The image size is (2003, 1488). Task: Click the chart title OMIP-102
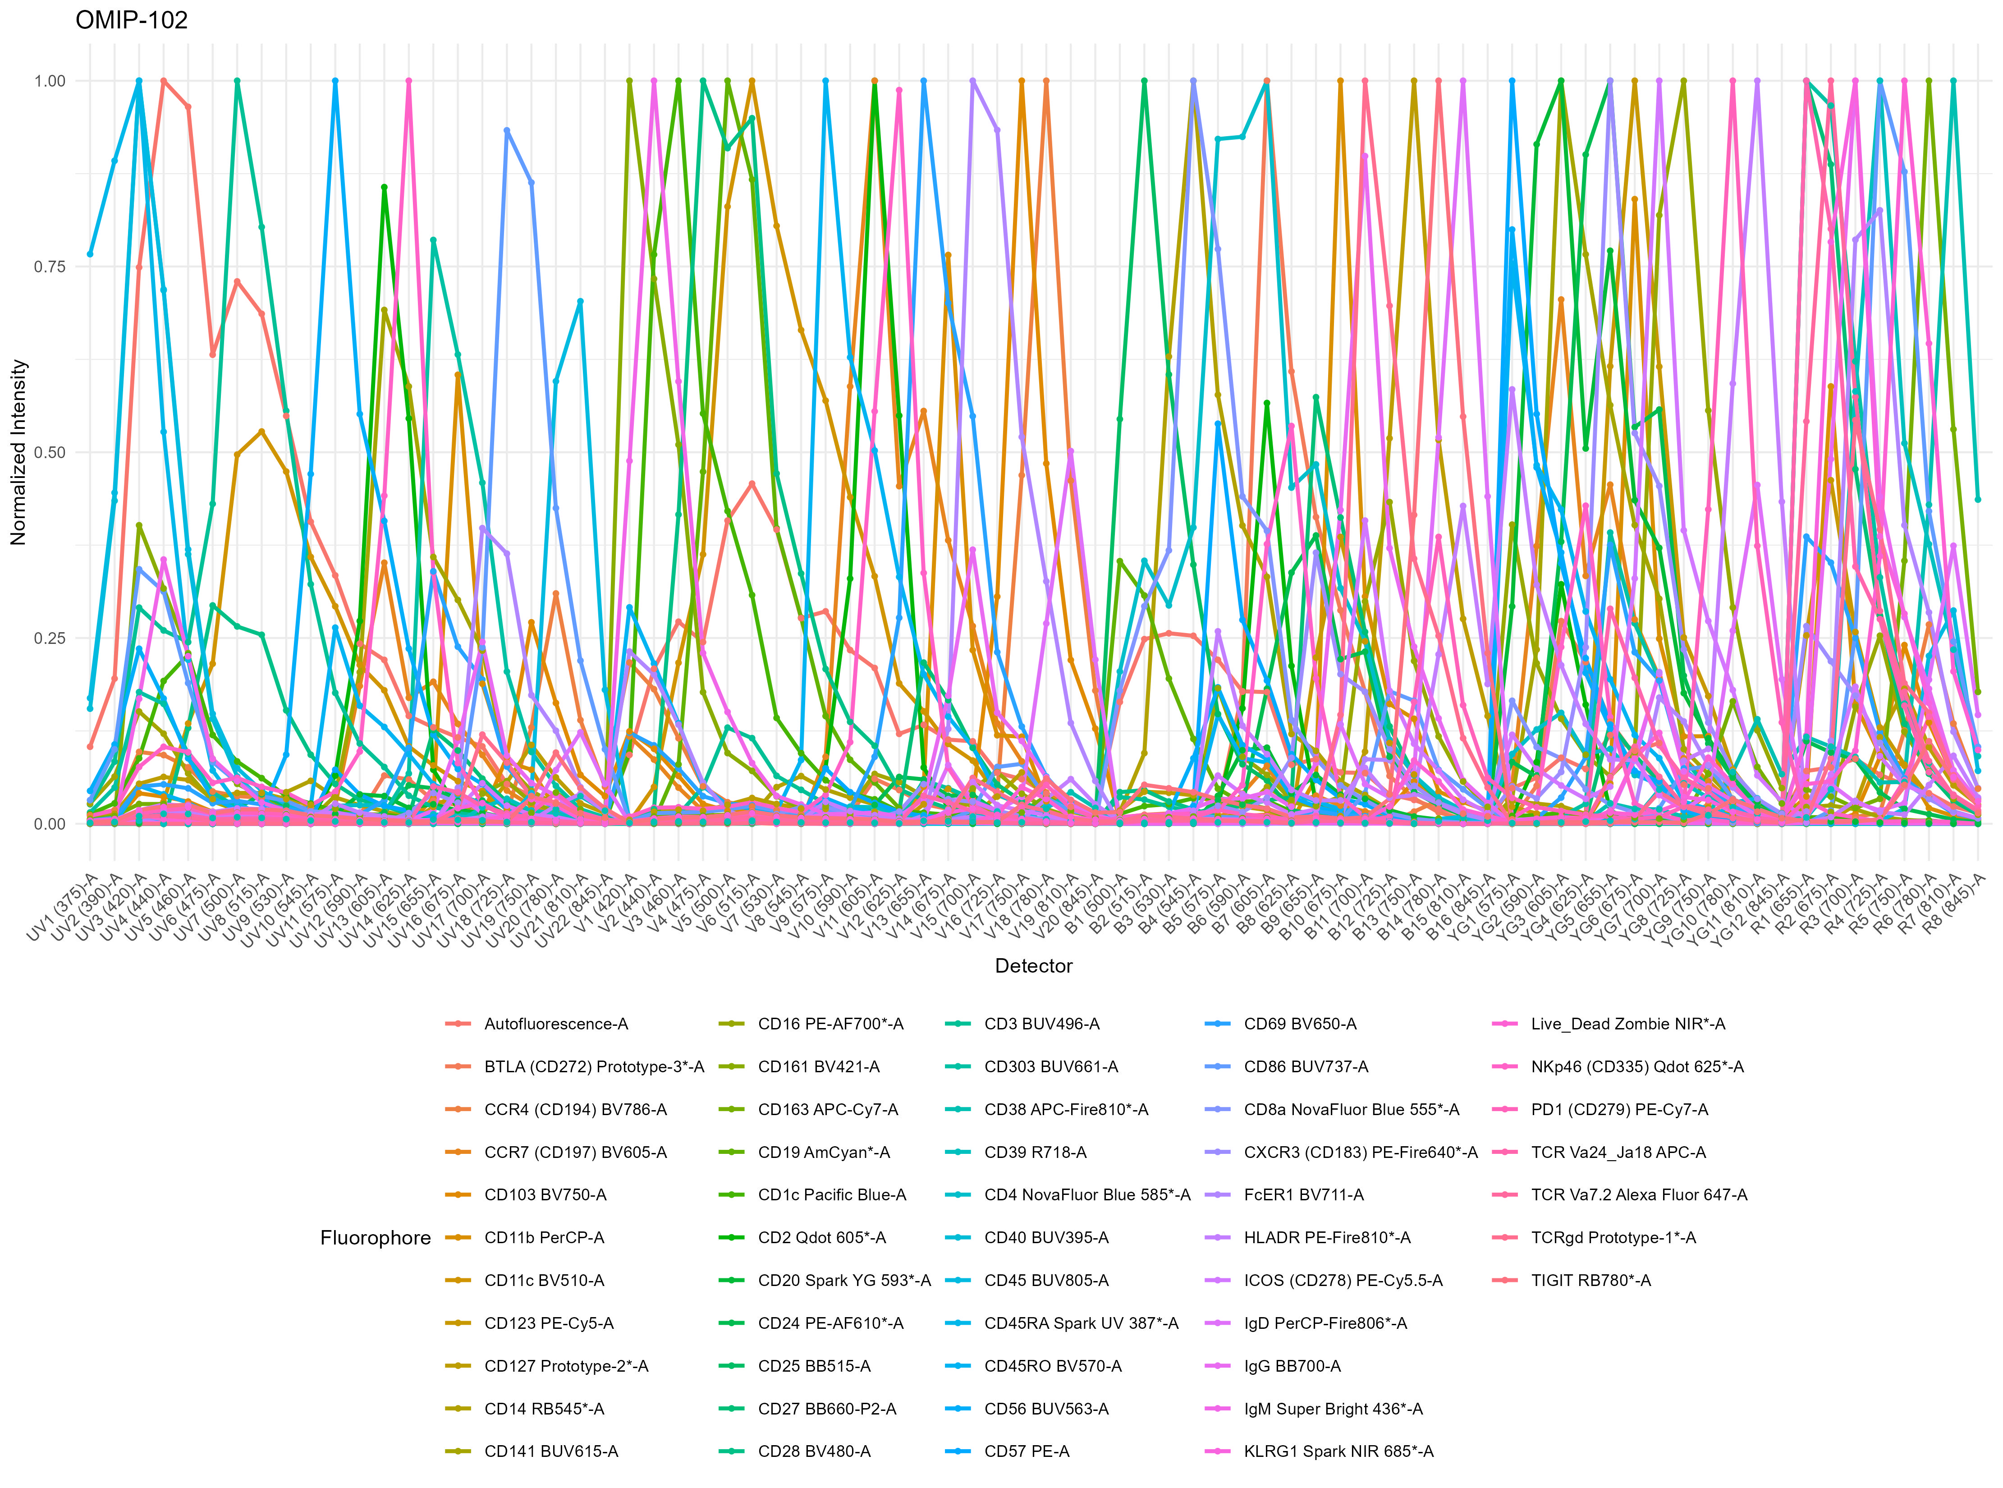132,20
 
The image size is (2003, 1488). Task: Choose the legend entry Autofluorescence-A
556,1024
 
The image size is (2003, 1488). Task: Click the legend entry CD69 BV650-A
1300,1024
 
